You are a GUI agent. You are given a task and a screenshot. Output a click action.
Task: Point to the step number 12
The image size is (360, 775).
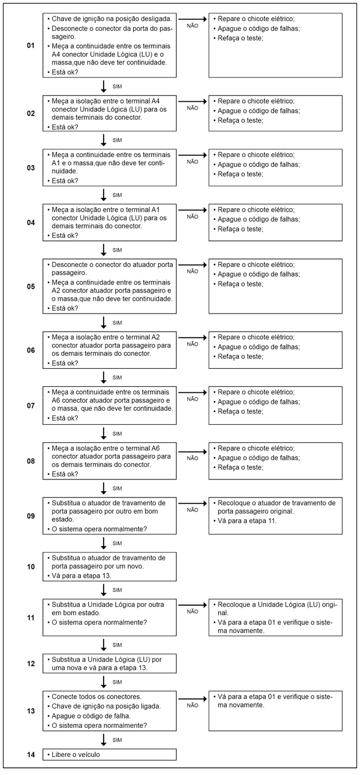[x=31, y=663]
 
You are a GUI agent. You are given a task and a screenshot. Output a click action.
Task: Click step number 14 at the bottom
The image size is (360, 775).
[x=31, y=755]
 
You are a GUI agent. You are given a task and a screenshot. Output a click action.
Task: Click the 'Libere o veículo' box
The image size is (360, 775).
[x=109, y=755]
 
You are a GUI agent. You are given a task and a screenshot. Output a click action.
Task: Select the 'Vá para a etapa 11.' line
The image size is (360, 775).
[x=247, y=521]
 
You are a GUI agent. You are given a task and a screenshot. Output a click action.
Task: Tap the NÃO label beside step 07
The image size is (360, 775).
[x=193, y=399]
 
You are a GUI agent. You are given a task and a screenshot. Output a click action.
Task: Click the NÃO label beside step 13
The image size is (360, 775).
[x=193, y=705]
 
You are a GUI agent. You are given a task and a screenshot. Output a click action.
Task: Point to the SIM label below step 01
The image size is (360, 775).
[x=117, y=86]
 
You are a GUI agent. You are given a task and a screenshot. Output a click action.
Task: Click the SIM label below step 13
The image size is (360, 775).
[x=117, y=740]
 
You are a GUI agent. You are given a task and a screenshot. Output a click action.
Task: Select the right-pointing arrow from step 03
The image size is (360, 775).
[x=193, y=155]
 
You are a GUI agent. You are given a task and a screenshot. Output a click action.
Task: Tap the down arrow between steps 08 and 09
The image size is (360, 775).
[x=104, y=488]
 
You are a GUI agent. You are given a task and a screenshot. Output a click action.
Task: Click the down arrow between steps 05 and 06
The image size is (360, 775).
[x=104, y=322]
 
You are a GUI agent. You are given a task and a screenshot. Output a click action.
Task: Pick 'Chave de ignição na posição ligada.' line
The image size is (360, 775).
[x=102, y=706]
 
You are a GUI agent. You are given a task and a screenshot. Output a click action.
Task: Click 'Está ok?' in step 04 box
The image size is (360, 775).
[x=65, y=236]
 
